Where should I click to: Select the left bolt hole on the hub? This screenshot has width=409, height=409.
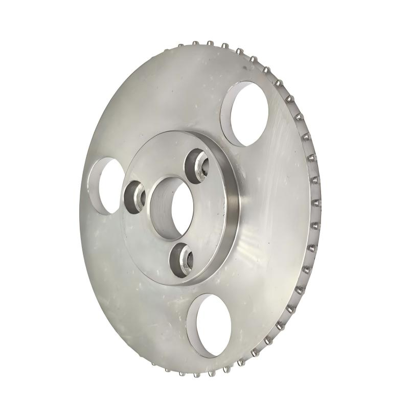(x=134, y=197)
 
